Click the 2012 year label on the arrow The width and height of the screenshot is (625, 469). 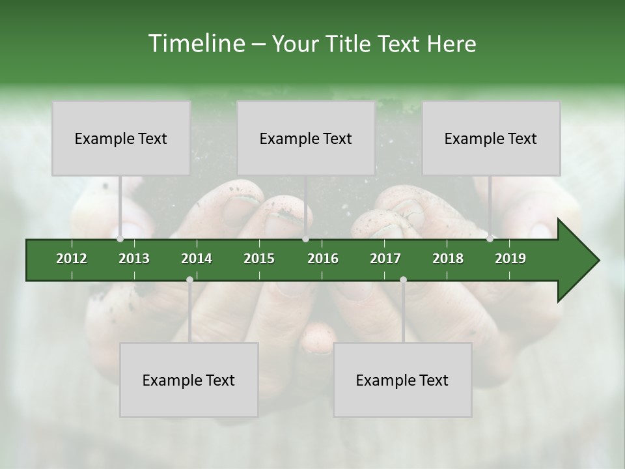pyautogui.click(x=72, y=259)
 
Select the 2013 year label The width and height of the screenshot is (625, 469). pyautogui.click(x=134, y=259)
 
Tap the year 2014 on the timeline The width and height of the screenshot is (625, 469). pyautogui.click(x=197, y=259)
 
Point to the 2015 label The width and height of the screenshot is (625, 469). pyautogui.click(x=259, y=259)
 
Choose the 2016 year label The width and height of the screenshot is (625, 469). pyautogui.click(x=323, y=259)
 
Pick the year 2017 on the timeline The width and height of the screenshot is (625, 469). pyautogui.click(x=385, y=259)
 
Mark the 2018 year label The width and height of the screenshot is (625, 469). pyautogui.click(x=448, y=259)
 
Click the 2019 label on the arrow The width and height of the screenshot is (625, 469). pyautogui.click(x=510, y=259)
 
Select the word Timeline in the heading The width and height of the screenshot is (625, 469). pyautogui.click(x=196, y=44)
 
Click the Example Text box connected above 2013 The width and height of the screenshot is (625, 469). pyautogui.click(x=120, y=138)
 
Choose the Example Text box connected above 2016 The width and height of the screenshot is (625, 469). pyautogui.click(x=305, y=138)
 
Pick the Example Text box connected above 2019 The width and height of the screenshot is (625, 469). pyautogui.click(x=490, y=138)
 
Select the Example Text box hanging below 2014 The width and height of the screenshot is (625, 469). pyautogui.click(x=189, y=380)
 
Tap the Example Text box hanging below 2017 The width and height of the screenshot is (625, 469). pyautogui.click(x=402, y=380)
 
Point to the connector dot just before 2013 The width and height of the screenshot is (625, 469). pyautogui.click(x=120, y=239)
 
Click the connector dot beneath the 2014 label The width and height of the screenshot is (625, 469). pyautogui.click(x=189, y=280)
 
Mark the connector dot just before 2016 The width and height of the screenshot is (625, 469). pyautogui.click(x=305, y=239)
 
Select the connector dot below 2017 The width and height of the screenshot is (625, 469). pyautogui.click(x=403, y=280)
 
